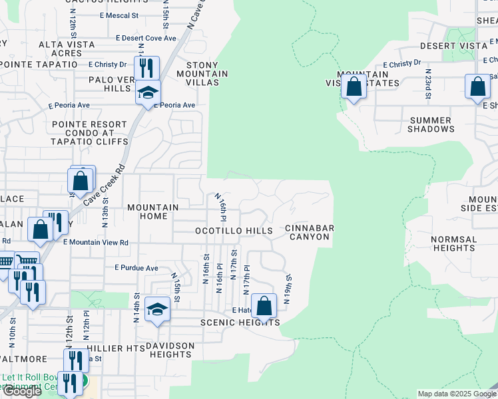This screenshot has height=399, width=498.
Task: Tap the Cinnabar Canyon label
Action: [309, 232]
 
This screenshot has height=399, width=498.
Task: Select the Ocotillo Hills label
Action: [234, 231]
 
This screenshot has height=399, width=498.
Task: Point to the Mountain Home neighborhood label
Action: [152, 211]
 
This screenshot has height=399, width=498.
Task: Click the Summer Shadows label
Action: [430, 124]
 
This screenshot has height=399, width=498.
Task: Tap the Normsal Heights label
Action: [453, 243]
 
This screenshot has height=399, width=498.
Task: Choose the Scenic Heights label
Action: [240, 323]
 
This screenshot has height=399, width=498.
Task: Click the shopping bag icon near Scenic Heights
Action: [264, 307]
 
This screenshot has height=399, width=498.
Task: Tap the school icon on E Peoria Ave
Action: [148, 92]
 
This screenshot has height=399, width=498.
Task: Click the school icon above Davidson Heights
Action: [157, 309]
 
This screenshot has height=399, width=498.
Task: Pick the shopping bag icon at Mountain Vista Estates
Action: [354, 86]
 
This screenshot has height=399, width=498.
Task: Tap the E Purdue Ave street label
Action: [136, 268]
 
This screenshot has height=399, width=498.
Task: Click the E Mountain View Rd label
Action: [96, 243]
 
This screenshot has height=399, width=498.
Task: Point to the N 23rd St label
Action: [428, 83]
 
